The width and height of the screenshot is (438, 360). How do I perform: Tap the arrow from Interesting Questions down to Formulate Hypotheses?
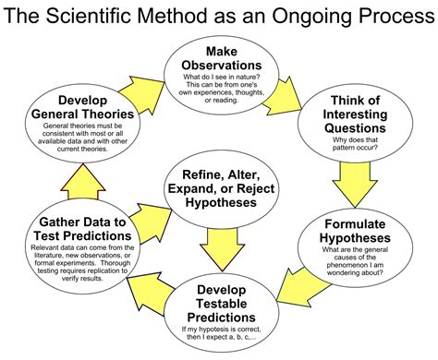click(367, 184)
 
